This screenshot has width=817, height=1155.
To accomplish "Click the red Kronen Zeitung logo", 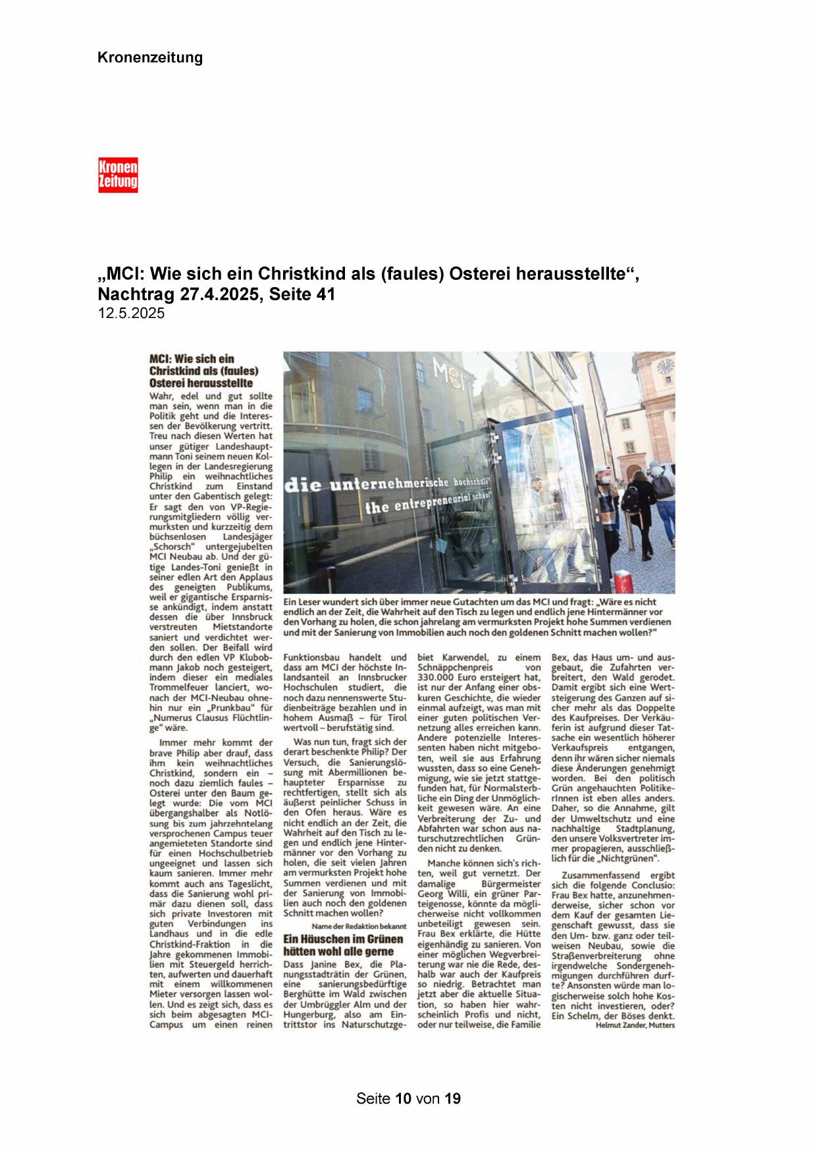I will coord(118,175).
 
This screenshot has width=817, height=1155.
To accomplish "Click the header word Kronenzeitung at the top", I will coord(150,58).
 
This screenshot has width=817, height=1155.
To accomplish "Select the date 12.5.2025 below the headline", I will coord(131,313).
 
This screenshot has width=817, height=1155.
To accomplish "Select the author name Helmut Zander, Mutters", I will coord(635,1025).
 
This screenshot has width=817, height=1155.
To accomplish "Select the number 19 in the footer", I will coord(452,1098).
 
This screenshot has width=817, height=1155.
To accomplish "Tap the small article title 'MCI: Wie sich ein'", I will coord(192,360).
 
